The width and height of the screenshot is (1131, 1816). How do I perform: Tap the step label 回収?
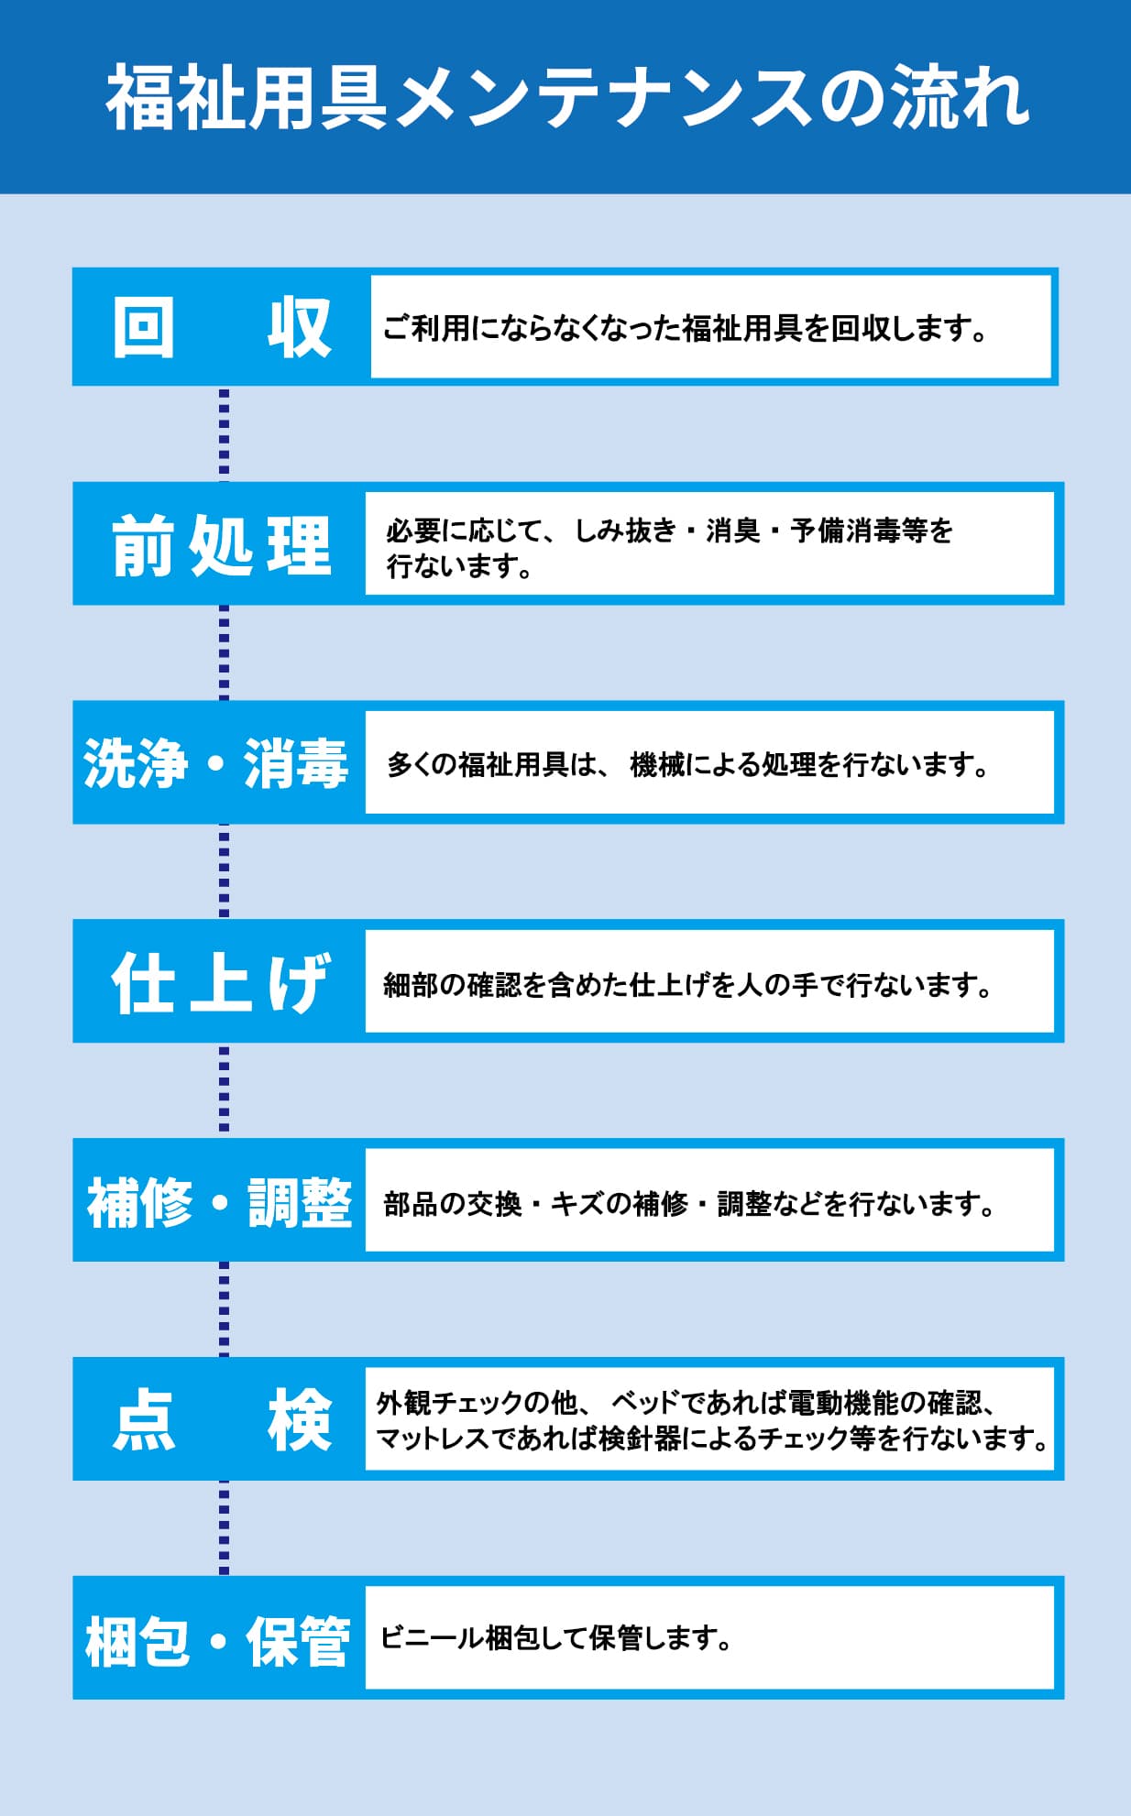(x=221, y=327)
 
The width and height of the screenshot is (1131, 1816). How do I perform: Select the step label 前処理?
(x=221, y=544)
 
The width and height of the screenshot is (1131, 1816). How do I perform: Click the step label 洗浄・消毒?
(x=216, y=762)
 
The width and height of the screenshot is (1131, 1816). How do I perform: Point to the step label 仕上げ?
(x=220, y=981)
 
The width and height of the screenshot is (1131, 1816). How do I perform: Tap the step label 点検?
(x=222, y=1419)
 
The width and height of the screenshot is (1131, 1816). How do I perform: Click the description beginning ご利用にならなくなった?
(x=685, y=327)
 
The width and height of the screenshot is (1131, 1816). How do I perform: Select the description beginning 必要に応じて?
(x=670, y=547)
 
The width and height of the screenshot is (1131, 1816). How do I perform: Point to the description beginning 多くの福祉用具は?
(x=687, y=763)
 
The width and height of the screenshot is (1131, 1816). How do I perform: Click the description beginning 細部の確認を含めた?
(x=688, y=984)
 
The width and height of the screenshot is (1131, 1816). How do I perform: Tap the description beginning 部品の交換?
(x=689, y=1203)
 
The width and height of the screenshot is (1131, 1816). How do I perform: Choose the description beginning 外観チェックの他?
(x=713, y=1420)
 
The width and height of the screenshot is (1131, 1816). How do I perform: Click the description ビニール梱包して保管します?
(x=556, y=1637)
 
